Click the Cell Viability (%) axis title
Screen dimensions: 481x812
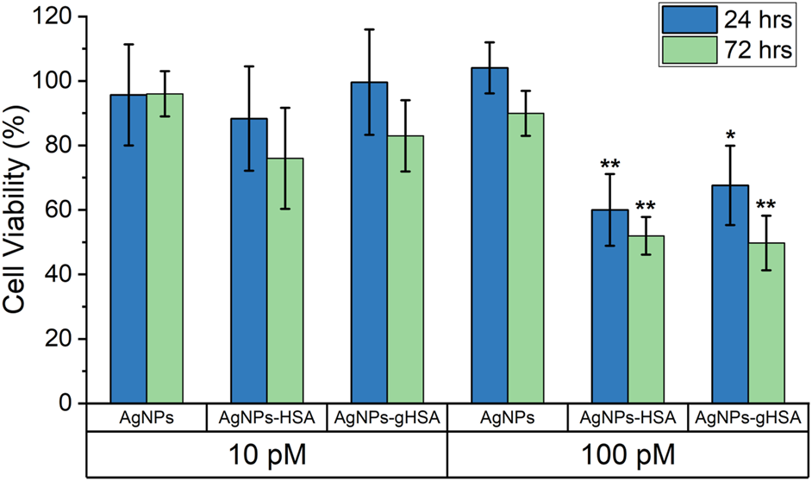19,212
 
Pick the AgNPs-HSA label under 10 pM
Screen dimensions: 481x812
266,419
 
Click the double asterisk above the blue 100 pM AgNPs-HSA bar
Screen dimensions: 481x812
609,166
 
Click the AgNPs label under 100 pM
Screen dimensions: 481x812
507,419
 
